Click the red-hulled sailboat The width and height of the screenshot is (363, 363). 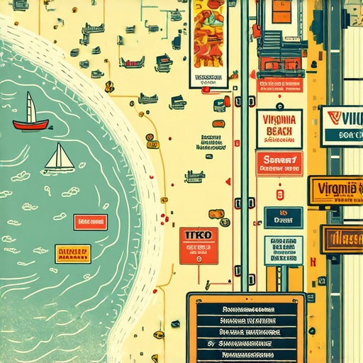(31, 117)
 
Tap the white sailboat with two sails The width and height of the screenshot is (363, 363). (60, 159)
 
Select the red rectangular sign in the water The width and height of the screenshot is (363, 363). (90, 223)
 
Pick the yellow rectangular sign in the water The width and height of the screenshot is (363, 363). (72, 253)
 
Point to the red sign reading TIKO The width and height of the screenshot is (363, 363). (199, 245)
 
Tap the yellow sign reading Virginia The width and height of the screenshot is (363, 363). (335, 190)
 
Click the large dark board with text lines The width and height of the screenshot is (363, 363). (246, 328)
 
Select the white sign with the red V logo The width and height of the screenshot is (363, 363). (341, 126)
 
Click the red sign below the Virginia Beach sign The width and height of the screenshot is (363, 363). (279, 164)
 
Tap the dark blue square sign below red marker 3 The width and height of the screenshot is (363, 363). (283, 218)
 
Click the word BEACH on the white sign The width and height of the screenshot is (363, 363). (279, 131)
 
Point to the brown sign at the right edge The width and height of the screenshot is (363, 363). (341, 239)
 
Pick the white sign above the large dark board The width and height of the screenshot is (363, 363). (284, 250)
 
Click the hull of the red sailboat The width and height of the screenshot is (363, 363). (31, 125)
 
